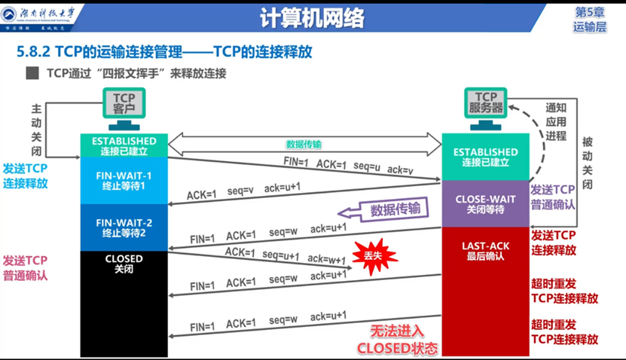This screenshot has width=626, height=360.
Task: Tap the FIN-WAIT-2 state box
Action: click(x=124, y=227)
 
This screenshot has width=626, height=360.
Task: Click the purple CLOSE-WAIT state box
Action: click(x=485, y=204)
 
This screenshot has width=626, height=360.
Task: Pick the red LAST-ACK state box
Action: click(x=485, y=251)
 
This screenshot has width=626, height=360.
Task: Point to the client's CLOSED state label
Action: click(x=124, y=264)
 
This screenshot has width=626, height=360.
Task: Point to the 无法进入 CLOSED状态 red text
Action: click(x=396, y=340)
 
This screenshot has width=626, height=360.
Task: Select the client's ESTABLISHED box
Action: click(x=124, y=145)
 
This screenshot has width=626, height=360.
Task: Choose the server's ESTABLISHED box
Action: click(x=485, y=157)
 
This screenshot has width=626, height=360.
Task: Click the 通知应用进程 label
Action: click(x=556, y=121)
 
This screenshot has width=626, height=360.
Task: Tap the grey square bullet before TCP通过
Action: click(x=32, y=74)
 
